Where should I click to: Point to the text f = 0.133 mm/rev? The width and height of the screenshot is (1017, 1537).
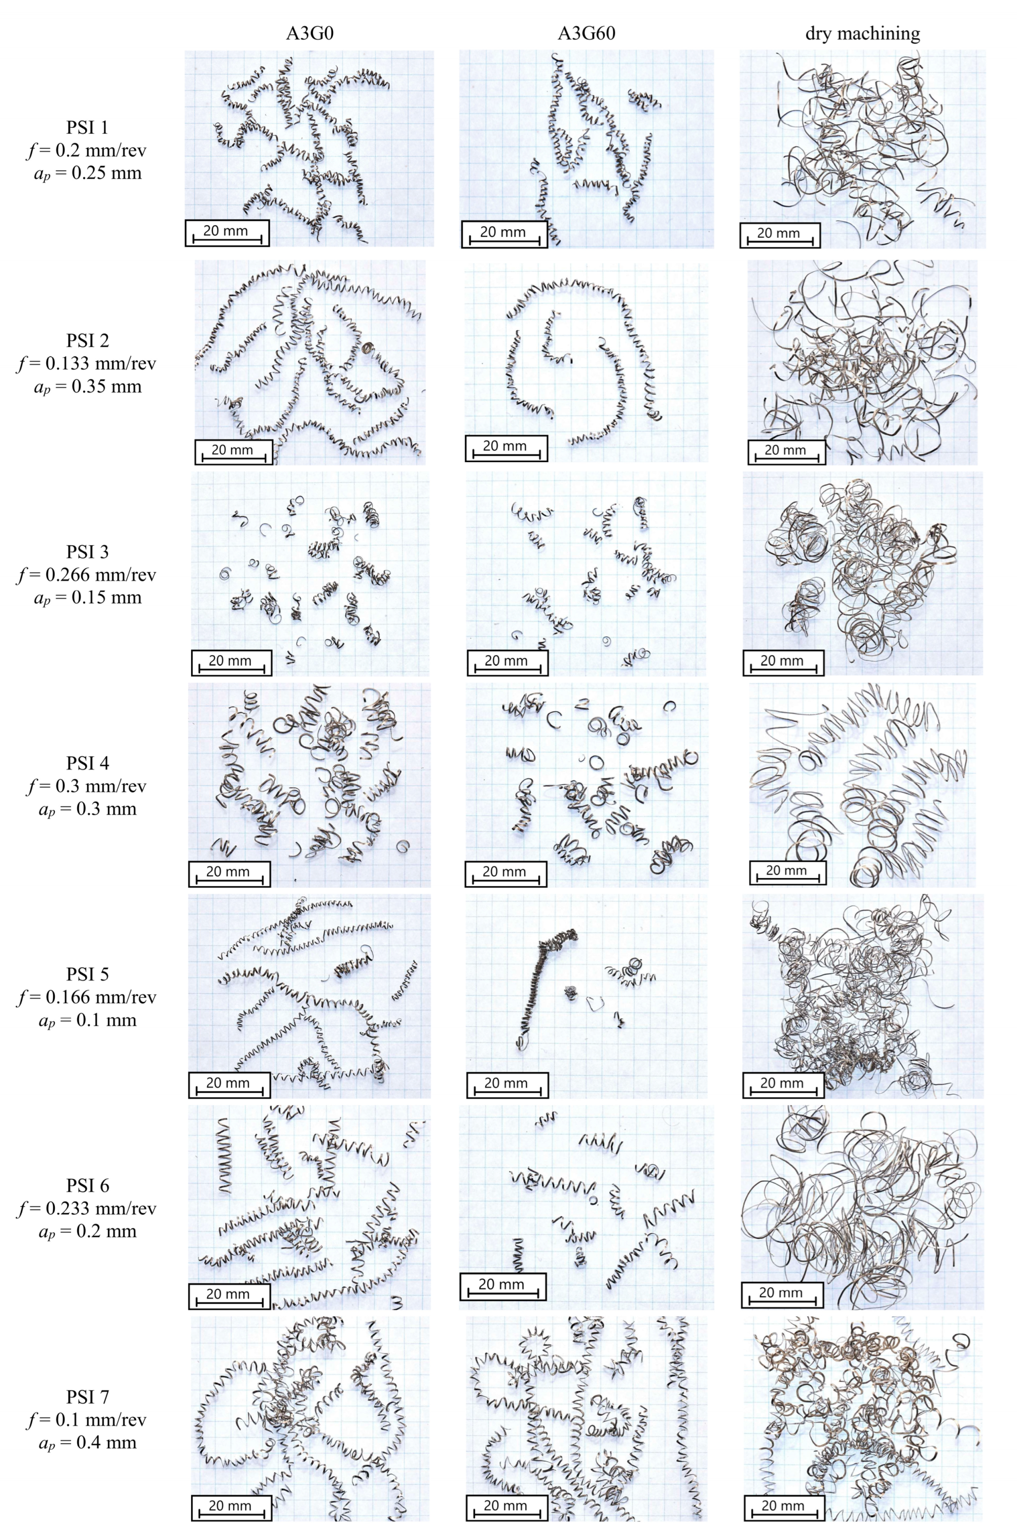[x=87, y=363]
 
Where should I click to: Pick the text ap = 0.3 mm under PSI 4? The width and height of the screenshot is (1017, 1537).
[x=87, y=809]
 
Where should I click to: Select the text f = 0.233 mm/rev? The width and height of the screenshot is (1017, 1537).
[x=87, y=1208]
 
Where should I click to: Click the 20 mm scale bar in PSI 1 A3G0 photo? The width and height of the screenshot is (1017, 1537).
[x=227, y=233]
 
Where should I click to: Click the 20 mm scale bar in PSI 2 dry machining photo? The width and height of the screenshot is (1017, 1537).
[x=786, y=452]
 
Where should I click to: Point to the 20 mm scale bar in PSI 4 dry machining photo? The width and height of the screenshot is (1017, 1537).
[x=787, y=872]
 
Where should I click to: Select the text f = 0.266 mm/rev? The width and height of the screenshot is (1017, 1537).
[x=87, y=575]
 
